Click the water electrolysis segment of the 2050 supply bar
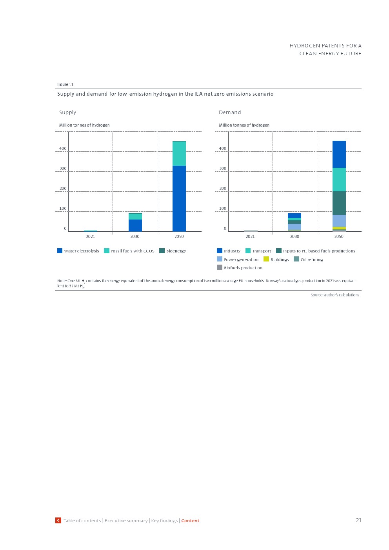click(179, 198)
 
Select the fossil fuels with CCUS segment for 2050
click(179, 154)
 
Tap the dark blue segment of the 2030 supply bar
click(135, 225)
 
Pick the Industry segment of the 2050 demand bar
click(339, 154)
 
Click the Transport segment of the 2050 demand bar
click(339, 180)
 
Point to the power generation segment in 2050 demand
click(339, 221)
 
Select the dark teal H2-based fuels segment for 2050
click(339, 203)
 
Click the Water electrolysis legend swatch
click(60, 251)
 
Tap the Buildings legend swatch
click(266, 259)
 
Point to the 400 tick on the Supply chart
click(63, 149)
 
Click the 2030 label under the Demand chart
click(294, 236)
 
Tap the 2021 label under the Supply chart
click(91, 236)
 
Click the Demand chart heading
click(230, 113)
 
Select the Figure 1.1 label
click(65, 84)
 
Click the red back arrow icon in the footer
click(58, 520)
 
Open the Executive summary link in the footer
click(126, 521)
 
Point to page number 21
click(358, 520)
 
